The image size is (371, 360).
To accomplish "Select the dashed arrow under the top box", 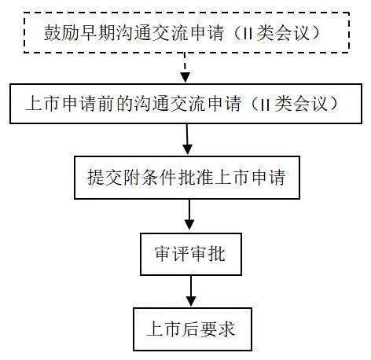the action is click(x=185, y=68).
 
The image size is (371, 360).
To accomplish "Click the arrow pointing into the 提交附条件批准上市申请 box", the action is click(x=187, y=139).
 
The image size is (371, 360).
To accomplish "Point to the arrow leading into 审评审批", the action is click(x=189, y=215).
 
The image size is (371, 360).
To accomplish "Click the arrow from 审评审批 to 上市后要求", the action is click(x=191, y=291).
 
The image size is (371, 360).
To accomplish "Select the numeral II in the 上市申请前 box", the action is click(x=266, y=104).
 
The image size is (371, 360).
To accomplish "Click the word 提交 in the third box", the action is click(x=105, y=178).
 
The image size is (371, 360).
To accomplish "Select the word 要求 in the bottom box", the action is click(x=217, y=329).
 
